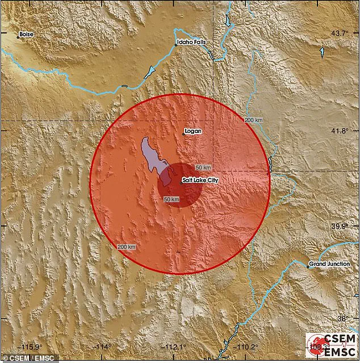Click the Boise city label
26,34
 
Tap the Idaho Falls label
190,42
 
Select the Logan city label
193,131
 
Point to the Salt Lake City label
200,180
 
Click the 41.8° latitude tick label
340,131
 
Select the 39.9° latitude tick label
340,227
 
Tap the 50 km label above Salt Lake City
203,168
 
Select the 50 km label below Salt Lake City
171,199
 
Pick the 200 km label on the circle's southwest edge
127,247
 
